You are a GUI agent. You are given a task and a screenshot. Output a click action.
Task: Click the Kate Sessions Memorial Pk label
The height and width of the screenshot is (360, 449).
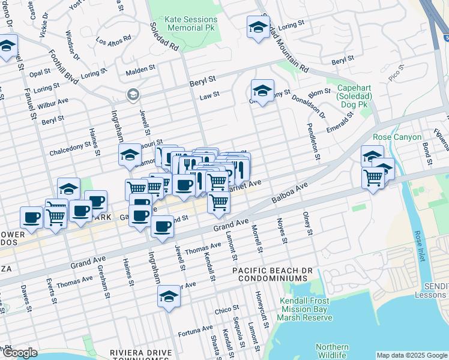pyautogui.click(x=184, y=23)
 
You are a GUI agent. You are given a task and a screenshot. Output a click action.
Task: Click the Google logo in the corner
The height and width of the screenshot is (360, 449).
pyautogui.click(x=20, y=353)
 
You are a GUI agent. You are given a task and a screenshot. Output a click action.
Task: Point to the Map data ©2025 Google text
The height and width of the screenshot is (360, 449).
pyautogui.click(x=411, y=355)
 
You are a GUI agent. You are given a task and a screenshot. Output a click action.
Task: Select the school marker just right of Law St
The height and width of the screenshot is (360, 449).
pyautogui.click(x=262, y=91)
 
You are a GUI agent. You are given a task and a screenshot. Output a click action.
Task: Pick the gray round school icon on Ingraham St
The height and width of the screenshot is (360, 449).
pyautogui.click(x=132, y=95)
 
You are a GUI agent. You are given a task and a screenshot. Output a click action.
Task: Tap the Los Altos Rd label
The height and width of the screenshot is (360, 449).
pyautogui.click(x=113, y=40)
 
